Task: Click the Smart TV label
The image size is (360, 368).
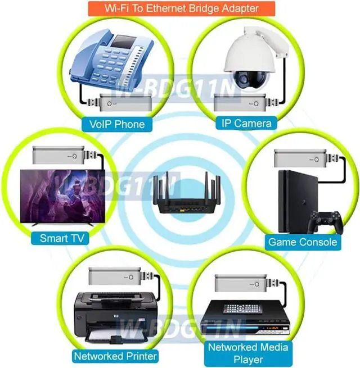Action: coord(61,238)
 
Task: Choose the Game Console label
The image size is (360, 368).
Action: coord(303,242)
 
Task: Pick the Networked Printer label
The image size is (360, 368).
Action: coord(115,356)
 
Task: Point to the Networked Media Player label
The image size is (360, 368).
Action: coord(247,353)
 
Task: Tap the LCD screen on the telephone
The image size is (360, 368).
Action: coord(124,42)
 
